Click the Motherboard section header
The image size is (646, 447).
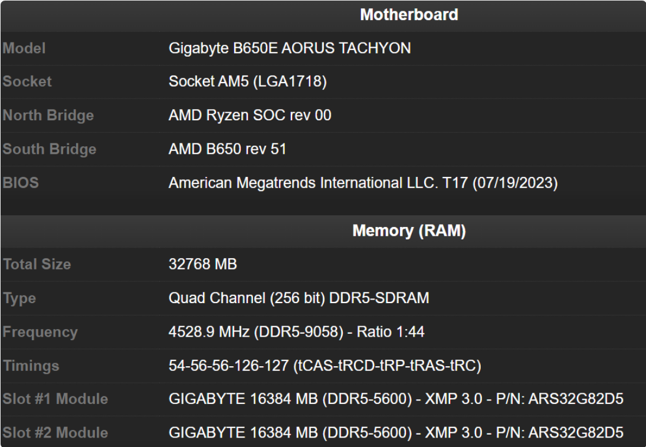click(409, 15)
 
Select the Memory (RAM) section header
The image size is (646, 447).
click(409, 231)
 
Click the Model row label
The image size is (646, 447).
click(24, 48)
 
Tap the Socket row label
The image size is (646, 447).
click(27, 81)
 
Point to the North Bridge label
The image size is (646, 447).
click(48, 116)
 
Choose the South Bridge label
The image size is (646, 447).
click(49, 149)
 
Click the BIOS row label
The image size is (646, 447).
click(21, 183)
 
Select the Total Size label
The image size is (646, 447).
click(37, 265)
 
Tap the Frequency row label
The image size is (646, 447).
click(40, 332)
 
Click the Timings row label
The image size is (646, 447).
click(31, 366)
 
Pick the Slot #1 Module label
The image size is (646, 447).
click(55, 399)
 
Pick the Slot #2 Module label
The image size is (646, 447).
click(55, 433)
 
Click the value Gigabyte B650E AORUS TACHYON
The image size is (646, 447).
click(290, 48)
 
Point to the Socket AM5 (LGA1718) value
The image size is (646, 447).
click(248, 81)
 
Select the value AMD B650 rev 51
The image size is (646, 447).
click(227, 149)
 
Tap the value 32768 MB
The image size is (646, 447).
click(203, 265)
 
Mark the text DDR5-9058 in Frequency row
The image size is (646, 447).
click(316, 332)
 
